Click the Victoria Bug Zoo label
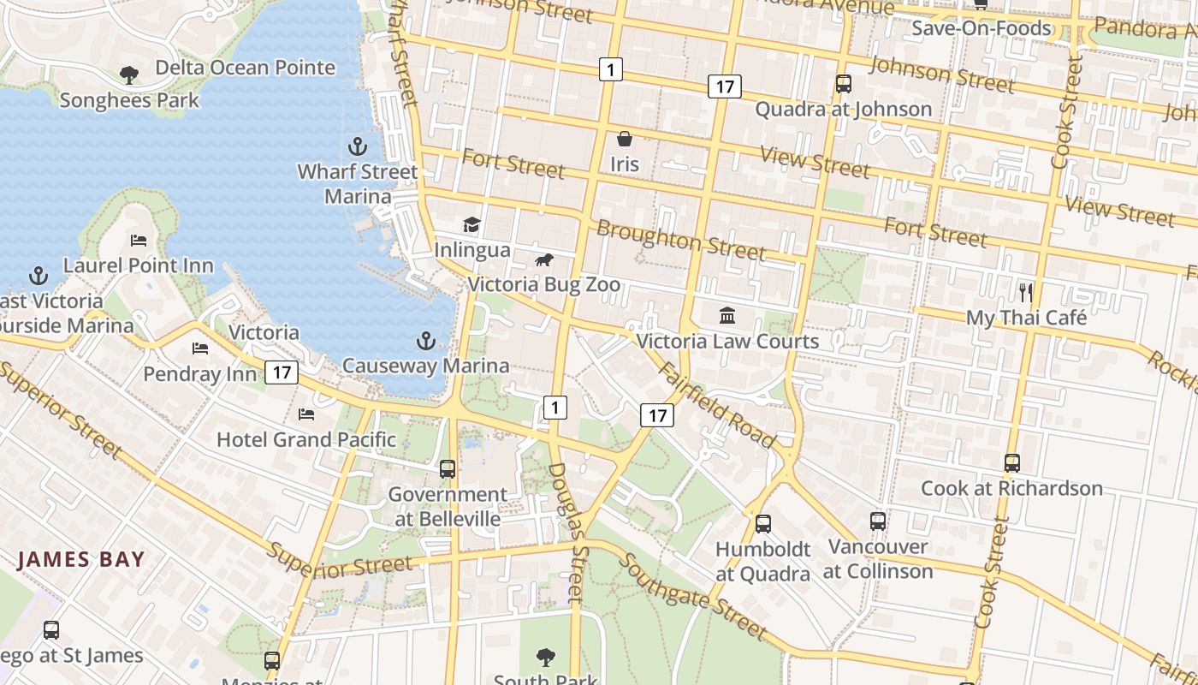(544, 284)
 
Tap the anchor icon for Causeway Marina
(426, 342)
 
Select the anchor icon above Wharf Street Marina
(358, 146)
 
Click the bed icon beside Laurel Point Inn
(139, 241)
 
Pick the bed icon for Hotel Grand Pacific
(306, 414)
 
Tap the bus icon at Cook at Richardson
(1012, 463)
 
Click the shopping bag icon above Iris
(625, 139)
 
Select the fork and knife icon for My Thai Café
(1026, 292)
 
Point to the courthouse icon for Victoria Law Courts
(727, 316)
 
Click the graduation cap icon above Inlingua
(471, 225)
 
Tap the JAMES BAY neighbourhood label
(81, 560)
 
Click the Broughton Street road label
(680, 240)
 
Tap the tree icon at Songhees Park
(129, 75)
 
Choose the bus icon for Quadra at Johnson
(844, 84)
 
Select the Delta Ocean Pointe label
(245, 68)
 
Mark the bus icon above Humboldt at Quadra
(762, 523)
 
